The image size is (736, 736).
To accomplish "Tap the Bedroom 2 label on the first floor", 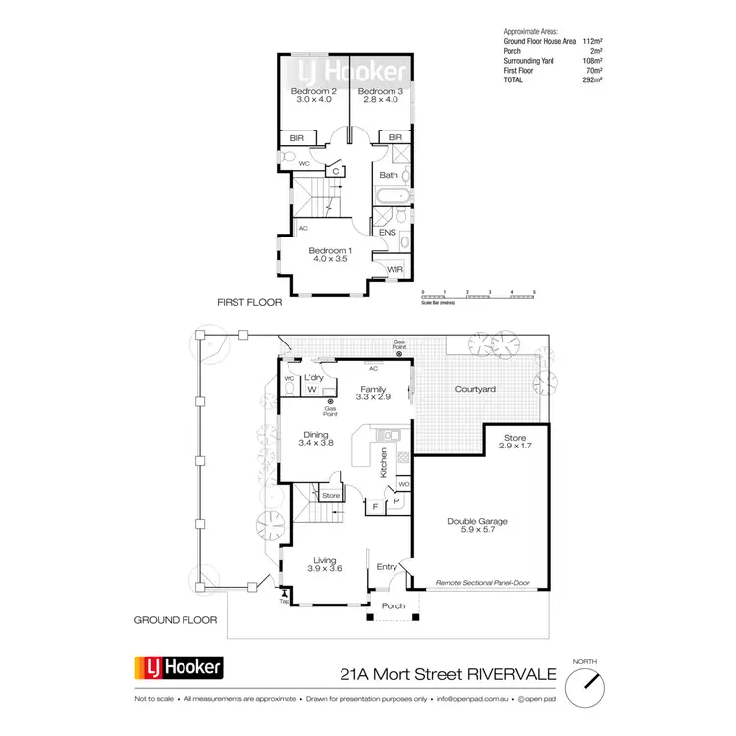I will click(314, 94).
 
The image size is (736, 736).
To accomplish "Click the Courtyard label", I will click(475, 390).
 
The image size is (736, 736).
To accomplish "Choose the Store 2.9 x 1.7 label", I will click(515, 442).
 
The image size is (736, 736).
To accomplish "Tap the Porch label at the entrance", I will click(393, 605).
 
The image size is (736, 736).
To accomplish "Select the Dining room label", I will click(315, 438).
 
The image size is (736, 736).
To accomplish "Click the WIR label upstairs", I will click(395, 269).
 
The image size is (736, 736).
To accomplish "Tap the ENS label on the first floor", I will click(388, 233).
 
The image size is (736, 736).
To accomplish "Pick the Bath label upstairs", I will click(389, 176).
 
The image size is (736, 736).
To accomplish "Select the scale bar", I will click(477, 295).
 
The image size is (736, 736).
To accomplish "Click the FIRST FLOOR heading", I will click(249, 303).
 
